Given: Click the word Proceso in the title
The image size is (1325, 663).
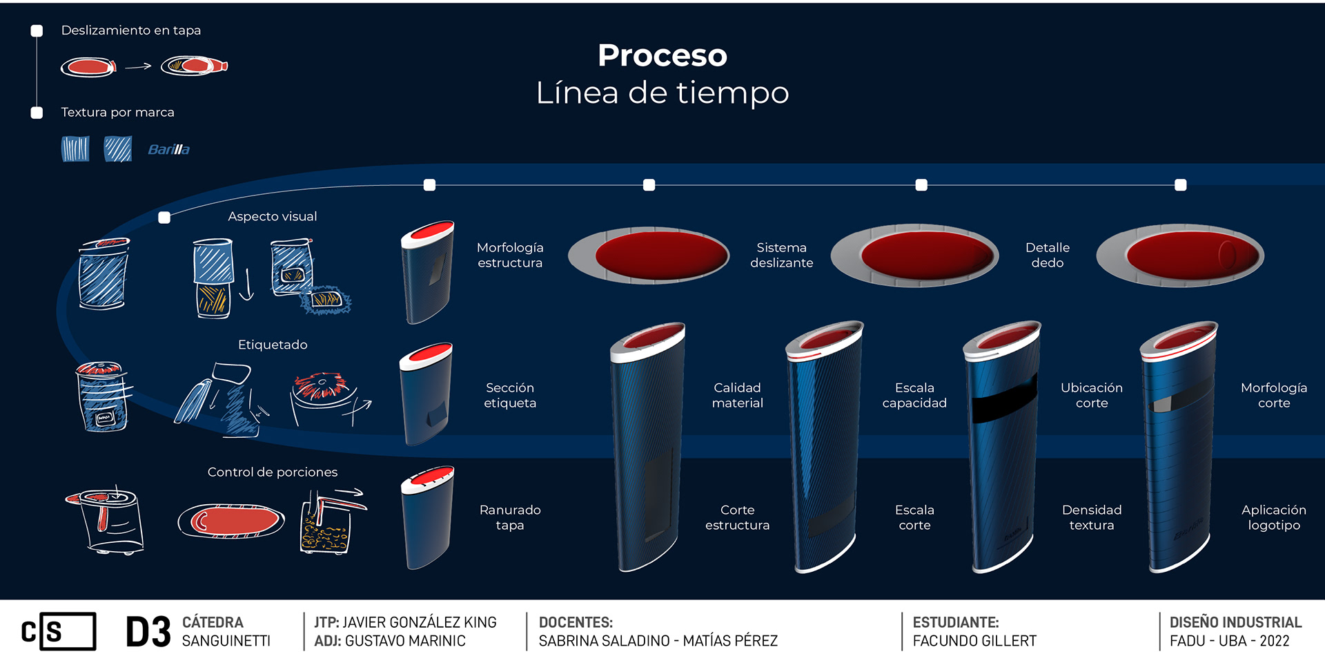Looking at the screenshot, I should pos(662,56).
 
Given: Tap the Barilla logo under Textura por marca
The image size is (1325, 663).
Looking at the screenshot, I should pos(168,149).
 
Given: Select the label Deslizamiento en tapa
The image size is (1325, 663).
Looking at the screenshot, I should pos(131,30).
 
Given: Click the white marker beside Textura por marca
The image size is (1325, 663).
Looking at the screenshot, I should pos(37,113).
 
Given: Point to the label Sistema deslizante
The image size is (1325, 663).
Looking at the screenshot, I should pos(781,255).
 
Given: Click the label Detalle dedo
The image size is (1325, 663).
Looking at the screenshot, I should pos(1047,255).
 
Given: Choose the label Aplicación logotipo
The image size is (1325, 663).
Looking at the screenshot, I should pos(1273,517).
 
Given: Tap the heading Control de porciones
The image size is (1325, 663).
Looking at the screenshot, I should pos(273,472).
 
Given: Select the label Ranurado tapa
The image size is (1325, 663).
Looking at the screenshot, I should pos(510,517).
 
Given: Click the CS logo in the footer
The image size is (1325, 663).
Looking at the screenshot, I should pos(59,631).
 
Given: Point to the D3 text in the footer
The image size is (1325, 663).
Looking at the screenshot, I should pos(148,632).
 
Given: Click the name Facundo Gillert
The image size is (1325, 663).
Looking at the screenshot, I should pos(974,641).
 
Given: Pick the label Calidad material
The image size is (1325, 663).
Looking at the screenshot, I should pos(737,395).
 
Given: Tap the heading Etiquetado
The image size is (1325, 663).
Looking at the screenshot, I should pos(273,345).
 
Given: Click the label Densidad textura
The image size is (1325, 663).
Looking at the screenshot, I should pos(1091,517).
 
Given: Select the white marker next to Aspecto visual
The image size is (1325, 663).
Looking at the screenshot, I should pos(164,218).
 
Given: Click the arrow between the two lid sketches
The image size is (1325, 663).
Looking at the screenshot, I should pos(138,66).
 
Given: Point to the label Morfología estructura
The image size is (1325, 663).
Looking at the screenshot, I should pos(510,255).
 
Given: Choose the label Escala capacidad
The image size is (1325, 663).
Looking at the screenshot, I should pos(914,395).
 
